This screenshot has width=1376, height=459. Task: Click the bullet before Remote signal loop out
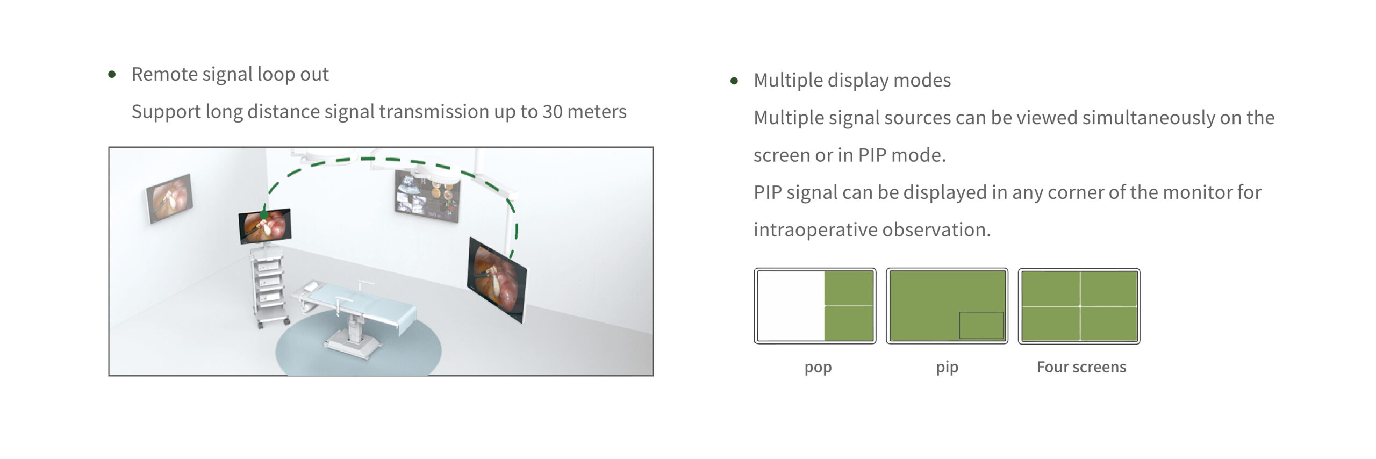(112, 74)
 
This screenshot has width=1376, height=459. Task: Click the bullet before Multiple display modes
(734, 81)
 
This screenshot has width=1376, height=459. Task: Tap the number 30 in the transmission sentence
(553, 112)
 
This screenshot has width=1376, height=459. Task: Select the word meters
(597, 112)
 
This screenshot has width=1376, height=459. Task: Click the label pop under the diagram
(818, 368)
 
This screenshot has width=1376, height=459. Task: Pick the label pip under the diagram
(947, 368)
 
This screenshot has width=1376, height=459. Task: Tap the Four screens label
(1081, 367)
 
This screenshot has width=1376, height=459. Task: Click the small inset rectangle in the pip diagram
(981, 325)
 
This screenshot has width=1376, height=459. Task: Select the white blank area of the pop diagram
(791, 306)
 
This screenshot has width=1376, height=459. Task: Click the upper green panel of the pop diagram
(849, 288)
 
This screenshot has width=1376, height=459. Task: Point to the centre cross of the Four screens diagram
(1080, 306)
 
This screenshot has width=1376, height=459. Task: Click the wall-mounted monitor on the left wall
(169, 198)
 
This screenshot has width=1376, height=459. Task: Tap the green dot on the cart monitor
(264, 215)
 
